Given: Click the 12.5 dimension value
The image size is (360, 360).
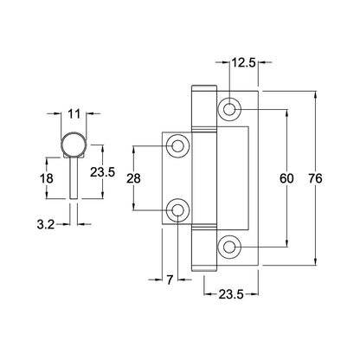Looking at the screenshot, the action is (244, 62).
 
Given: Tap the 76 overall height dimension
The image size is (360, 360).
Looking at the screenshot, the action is (315, 178).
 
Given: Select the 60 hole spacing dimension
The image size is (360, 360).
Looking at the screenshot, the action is (286, 178).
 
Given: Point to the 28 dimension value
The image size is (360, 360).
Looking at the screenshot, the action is (133, 178).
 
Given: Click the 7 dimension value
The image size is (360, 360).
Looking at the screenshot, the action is (170, 280).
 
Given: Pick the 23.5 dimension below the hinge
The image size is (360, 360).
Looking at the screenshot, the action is (231, 294).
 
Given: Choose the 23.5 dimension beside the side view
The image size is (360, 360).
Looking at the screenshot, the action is (102, 172).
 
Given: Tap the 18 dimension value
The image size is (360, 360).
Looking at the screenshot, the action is (47, 178).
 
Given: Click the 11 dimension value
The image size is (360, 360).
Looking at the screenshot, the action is (74, 114).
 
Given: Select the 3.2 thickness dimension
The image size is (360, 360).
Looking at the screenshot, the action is (46, 224).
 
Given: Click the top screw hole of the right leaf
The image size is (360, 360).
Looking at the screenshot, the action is (229, 110).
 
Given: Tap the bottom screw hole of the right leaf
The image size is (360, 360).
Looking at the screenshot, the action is (229, 247).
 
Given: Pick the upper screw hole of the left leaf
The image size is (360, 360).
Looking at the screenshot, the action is (178, 146).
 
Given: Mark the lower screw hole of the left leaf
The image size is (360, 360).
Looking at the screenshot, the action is (178, 210).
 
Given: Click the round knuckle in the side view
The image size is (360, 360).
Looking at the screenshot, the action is (74, 145).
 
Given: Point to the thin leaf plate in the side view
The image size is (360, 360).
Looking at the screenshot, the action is (74, 177).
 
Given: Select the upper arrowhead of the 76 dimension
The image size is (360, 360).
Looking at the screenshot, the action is (316, 94).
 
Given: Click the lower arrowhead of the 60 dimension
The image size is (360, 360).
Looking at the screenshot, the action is (287, 243).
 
